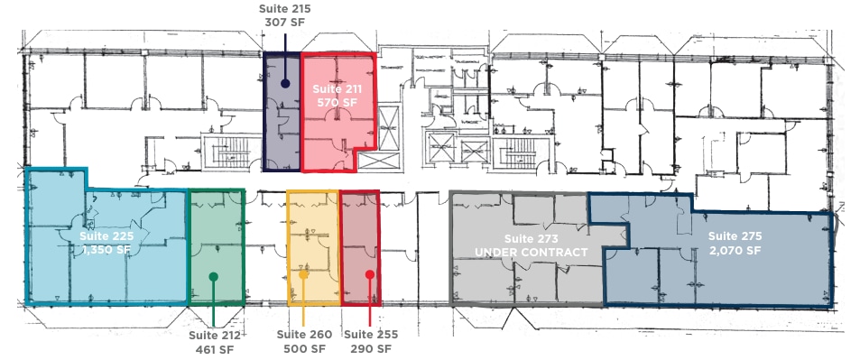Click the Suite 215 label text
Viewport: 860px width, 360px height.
[x=285, y=9]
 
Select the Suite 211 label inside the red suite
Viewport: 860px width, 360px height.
[x=337, y=89]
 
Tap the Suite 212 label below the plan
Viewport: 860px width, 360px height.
[x=213, y=335]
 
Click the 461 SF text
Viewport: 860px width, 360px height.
[x=213, y=349]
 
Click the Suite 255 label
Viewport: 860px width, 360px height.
[x=373, y=335]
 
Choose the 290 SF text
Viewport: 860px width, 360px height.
[x=373, y=349]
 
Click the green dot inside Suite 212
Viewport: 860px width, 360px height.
[x=213, y=277]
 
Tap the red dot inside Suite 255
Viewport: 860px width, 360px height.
[x=370, y=274]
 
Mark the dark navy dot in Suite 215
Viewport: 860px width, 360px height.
[x=285, y=84]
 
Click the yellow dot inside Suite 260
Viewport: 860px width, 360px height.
[x=305, y=275]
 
